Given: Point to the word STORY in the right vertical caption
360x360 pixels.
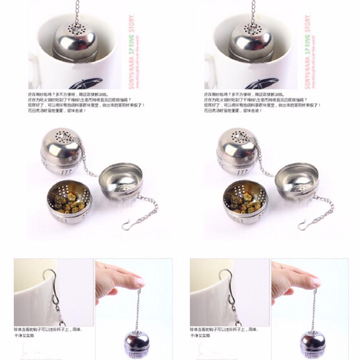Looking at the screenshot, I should (307, 22).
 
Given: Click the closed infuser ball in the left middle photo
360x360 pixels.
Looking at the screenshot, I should (61, 151).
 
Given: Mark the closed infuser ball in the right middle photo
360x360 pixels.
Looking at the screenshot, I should (237, 151).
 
